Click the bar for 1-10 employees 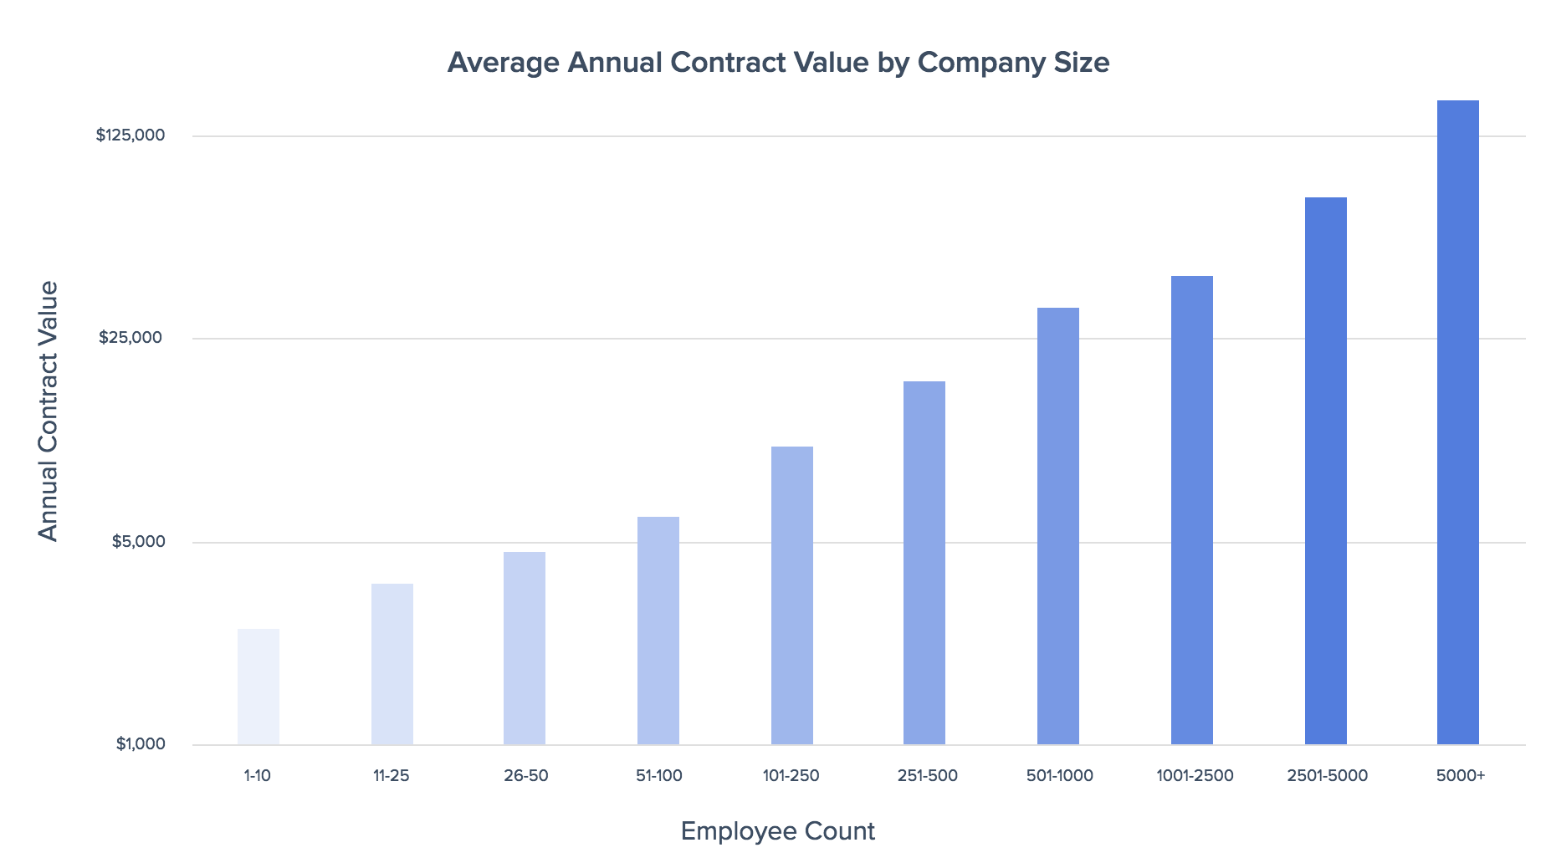tap(259, 687)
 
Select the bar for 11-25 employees tap(392, 664)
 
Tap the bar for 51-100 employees tap(658, 631)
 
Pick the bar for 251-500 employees tap(924, 563)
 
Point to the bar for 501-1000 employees tap(1058, 526)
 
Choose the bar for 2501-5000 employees tap(1326, 471)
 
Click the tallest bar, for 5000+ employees tap(1458, 422)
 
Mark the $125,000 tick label tap(131, 135)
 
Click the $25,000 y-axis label tap(131, 338)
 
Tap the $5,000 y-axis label tap(139, 542)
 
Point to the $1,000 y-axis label tap(141, 744)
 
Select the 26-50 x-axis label tap(526, 776)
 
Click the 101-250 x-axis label tap(791, 776)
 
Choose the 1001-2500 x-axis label tap(1195, 776)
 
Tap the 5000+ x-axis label tap(1461, 776)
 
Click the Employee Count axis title tap(778, 831)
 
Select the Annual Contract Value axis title tap(49, 411)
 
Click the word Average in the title tap(504, 63)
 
